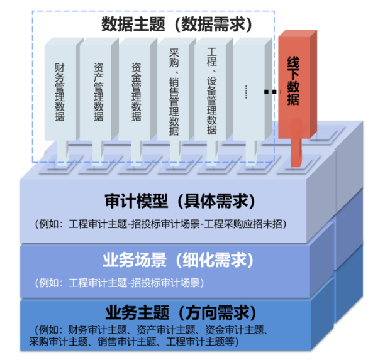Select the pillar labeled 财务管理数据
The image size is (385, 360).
tap(60, 91)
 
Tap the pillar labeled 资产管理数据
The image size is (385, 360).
tap(98, 91)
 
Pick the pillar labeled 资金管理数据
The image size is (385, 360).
tap(136, 91)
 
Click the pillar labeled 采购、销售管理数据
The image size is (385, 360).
tap(174, 91)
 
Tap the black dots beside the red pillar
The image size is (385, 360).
tap(270, 93)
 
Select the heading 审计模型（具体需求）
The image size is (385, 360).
tap(179, 202)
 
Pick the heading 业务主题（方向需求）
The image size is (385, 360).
tap(179, 312)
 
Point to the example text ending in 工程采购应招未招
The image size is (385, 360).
tap(162, 224)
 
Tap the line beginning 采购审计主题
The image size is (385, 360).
tap(134, 342)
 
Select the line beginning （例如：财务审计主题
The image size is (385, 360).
tap(152, 330)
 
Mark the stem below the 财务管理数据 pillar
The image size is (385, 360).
tap(62, 151)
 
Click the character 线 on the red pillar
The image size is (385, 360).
tap(293, 63)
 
